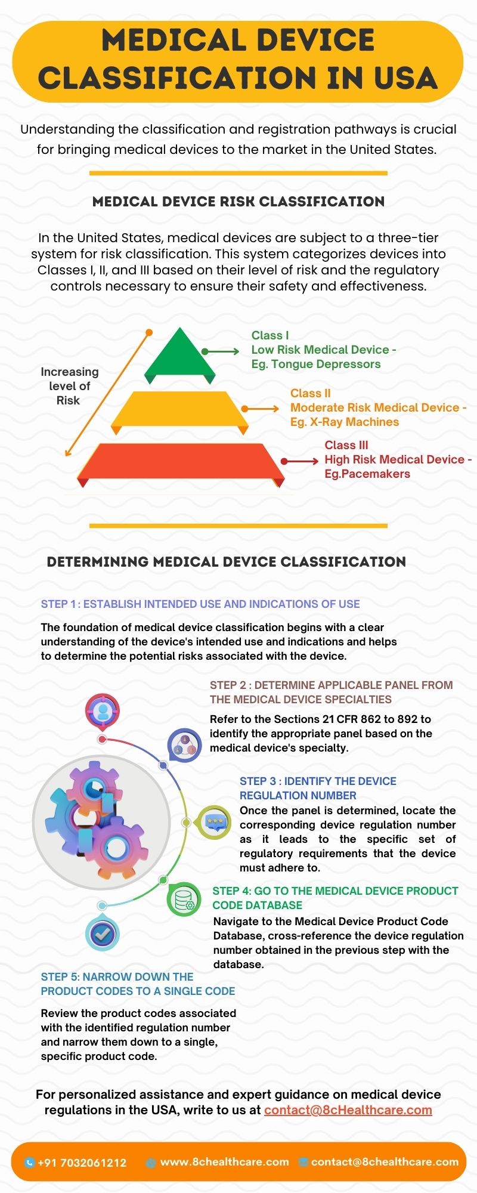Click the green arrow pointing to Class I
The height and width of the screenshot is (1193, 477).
tap(221, 352)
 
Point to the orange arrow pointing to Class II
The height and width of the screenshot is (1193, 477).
tap(261, 409)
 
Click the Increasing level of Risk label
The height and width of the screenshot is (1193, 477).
tap(69, 386)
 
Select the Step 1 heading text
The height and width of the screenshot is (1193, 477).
tap(200, 604)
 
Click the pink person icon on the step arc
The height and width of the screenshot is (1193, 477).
tap(103, 712)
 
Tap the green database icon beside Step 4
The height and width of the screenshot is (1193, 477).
tap(184, 899)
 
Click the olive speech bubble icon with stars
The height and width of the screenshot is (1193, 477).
tap(213, 822)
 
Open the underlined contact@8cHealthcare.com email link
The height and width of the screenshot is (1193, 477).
tap(348, 1109)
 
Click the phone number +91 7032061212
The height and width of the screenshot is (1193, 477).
tap(82, 1163)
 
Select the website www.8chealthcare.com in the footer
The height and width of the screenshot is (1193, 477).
tap(225, 1162)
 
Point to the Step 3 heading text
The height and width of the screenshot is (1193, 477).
tap(318, 788)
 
